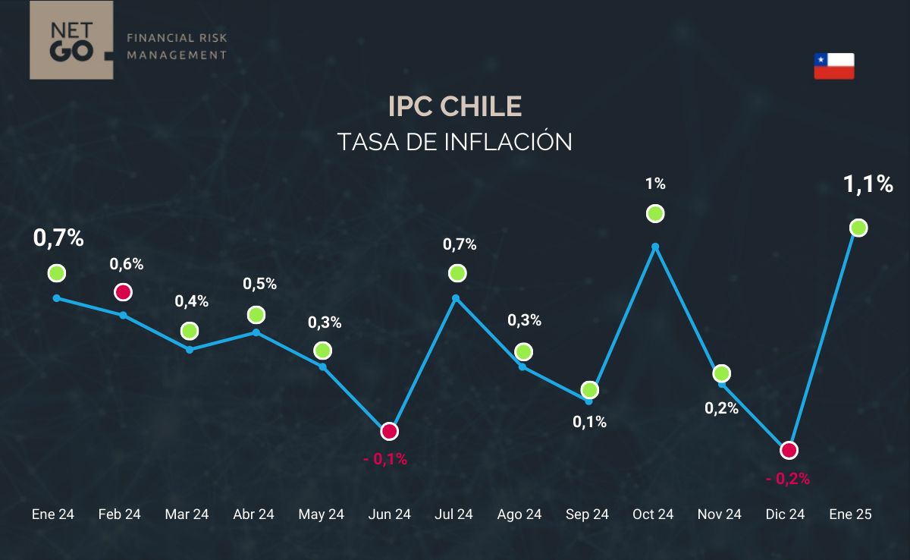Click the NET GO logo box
click(x=71, y=40)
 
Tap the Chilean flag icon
click(x=834, y=66)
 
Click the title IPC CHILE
click(x=455, y=107)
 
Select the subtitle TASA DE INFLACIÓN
click(x=455, y=142)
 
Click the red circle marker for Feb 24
click(x=123, y=292)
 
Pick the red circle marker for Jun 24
click(x=389, y=431)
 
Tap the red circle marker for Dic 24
click(x=789, y=450)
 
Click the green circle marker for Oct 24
click(x=655, y=214)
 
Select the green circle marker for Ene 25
click(x=858, y=228)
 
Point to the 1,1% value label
click(x=868, y=184)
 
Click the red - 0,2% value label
click(x=788, y=479)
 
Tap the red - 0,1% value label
click(x=385, y=459)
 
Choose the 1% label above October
click(x=655, y=184)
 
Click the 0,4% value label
click(x=191, y=301)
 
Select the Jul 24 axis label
click(x=453, y=514)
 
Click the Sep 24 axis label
click(x=587, y=514)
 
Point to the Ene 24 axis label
click(x=53, y=514)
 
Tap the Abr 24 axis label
click(x=253, y=514)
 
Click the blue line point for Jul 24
click(x=456, y=298)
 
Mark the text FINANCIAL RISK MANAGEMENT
click(x=177, y=46)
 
